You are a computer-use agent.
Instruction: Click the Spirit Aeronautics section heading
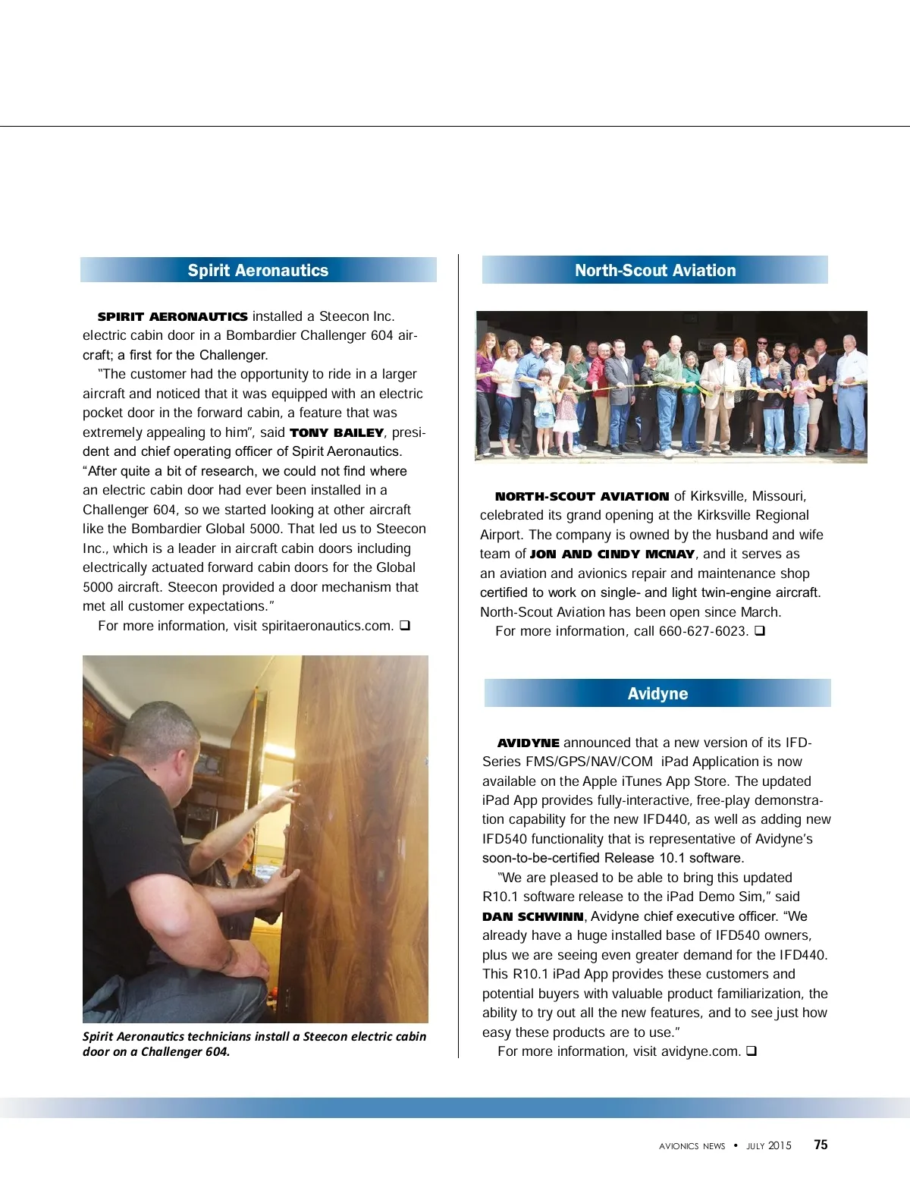tap(258, 271)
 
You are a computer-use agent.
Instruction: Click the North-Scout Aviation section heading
tap(655, 271)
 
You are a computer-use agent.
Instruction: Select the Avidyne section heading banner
tap(657, 693)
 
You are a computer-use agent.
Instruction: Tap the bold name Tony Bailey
tap(337, 433)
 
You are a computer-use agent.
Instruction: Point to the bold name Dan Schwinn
tap(533, 916)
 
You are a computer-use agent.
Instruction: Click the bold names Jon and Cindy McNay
tap(612, 554)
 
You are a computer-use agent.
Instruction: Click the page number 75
tap(821, 1145)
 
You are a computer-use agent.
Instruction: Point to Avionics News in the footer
tap(692, 1146)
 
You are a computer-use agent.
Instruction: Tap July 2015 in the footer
tap(768, 1146)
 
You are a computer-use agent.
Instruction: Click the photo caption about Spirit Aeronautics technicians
tap(254, 1044)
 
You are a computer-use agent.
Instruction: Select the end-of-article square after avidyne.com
tap(752, 1051)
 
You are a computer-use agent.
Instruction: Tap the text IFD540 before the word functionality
tap(505, 839)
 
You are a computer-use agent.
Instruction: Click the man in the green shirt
tap(670, 391)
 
